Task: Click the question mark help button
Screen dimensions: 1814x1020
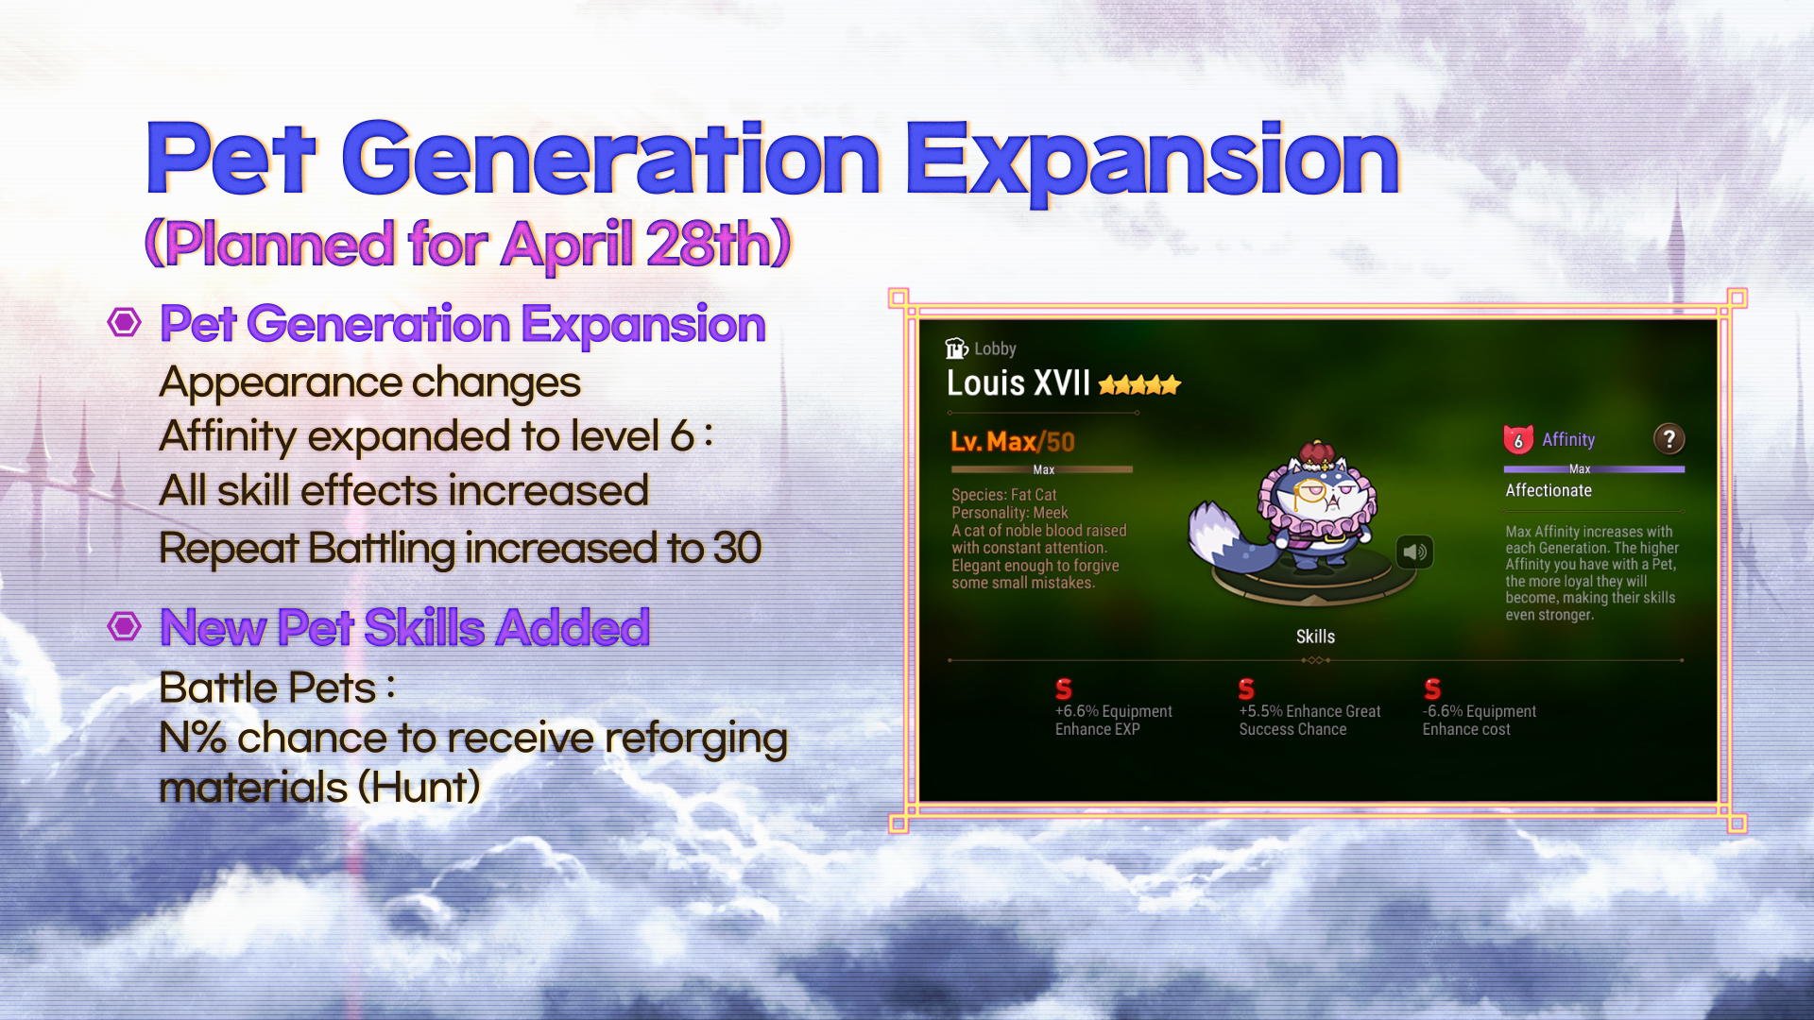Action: point(1669,438)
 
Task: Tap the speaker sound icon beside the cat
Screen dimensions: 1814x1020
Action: point(1414,552)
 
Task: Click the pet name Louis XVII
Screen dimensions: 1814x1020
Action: point(1018,382)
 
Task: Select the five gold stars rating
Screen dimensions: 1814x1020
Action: point(1139,384)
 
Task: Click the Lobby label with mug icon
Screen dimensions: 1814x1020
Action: point(981,348)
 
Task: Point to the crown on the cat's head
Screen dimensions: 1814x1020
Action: point(1316,455)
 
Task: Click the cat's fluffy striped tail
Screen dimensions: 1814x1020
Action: point(1219,536)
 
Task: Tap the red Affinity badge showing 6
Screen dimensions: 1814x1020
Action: point(1518,439)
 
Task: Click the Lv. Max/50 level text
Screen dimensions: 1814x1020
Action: point(1013,441)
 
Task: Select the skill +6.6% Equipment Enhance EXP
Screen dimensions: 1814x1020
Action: point(1113,708)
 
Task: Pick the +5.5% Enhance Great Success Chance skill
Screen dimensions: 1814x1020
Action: point(1309,708)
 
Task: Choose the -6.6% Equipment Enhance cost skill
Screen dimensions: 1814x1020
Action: point(1480,708)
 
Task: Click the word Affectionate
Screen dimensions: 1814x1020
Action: point(1549,490)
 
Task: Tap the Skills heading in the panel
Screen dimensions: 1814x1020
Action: point(1315,637)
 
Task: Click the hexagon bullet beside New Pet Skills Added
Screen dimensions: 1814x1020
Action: point(124,625)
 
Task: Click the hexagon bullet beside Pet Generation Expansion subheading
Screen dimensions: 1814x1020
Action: point(124,322)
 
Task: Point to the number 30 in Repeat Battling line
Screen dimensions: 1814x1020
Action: point(737,548)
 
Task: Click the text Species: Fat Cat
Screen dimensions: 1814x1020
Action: point(1003,495)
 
